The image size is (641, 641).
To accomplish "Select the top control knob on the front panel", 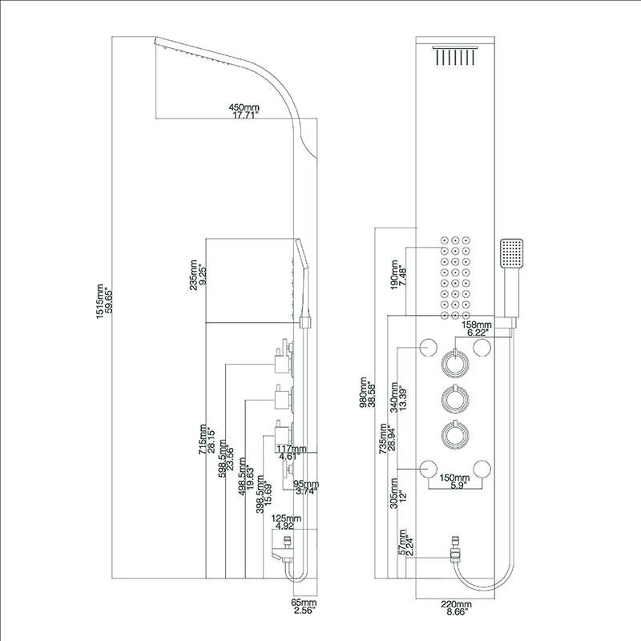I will [454, 363].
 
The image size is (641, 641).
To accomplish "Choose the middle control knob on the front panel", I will [454, 398].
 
